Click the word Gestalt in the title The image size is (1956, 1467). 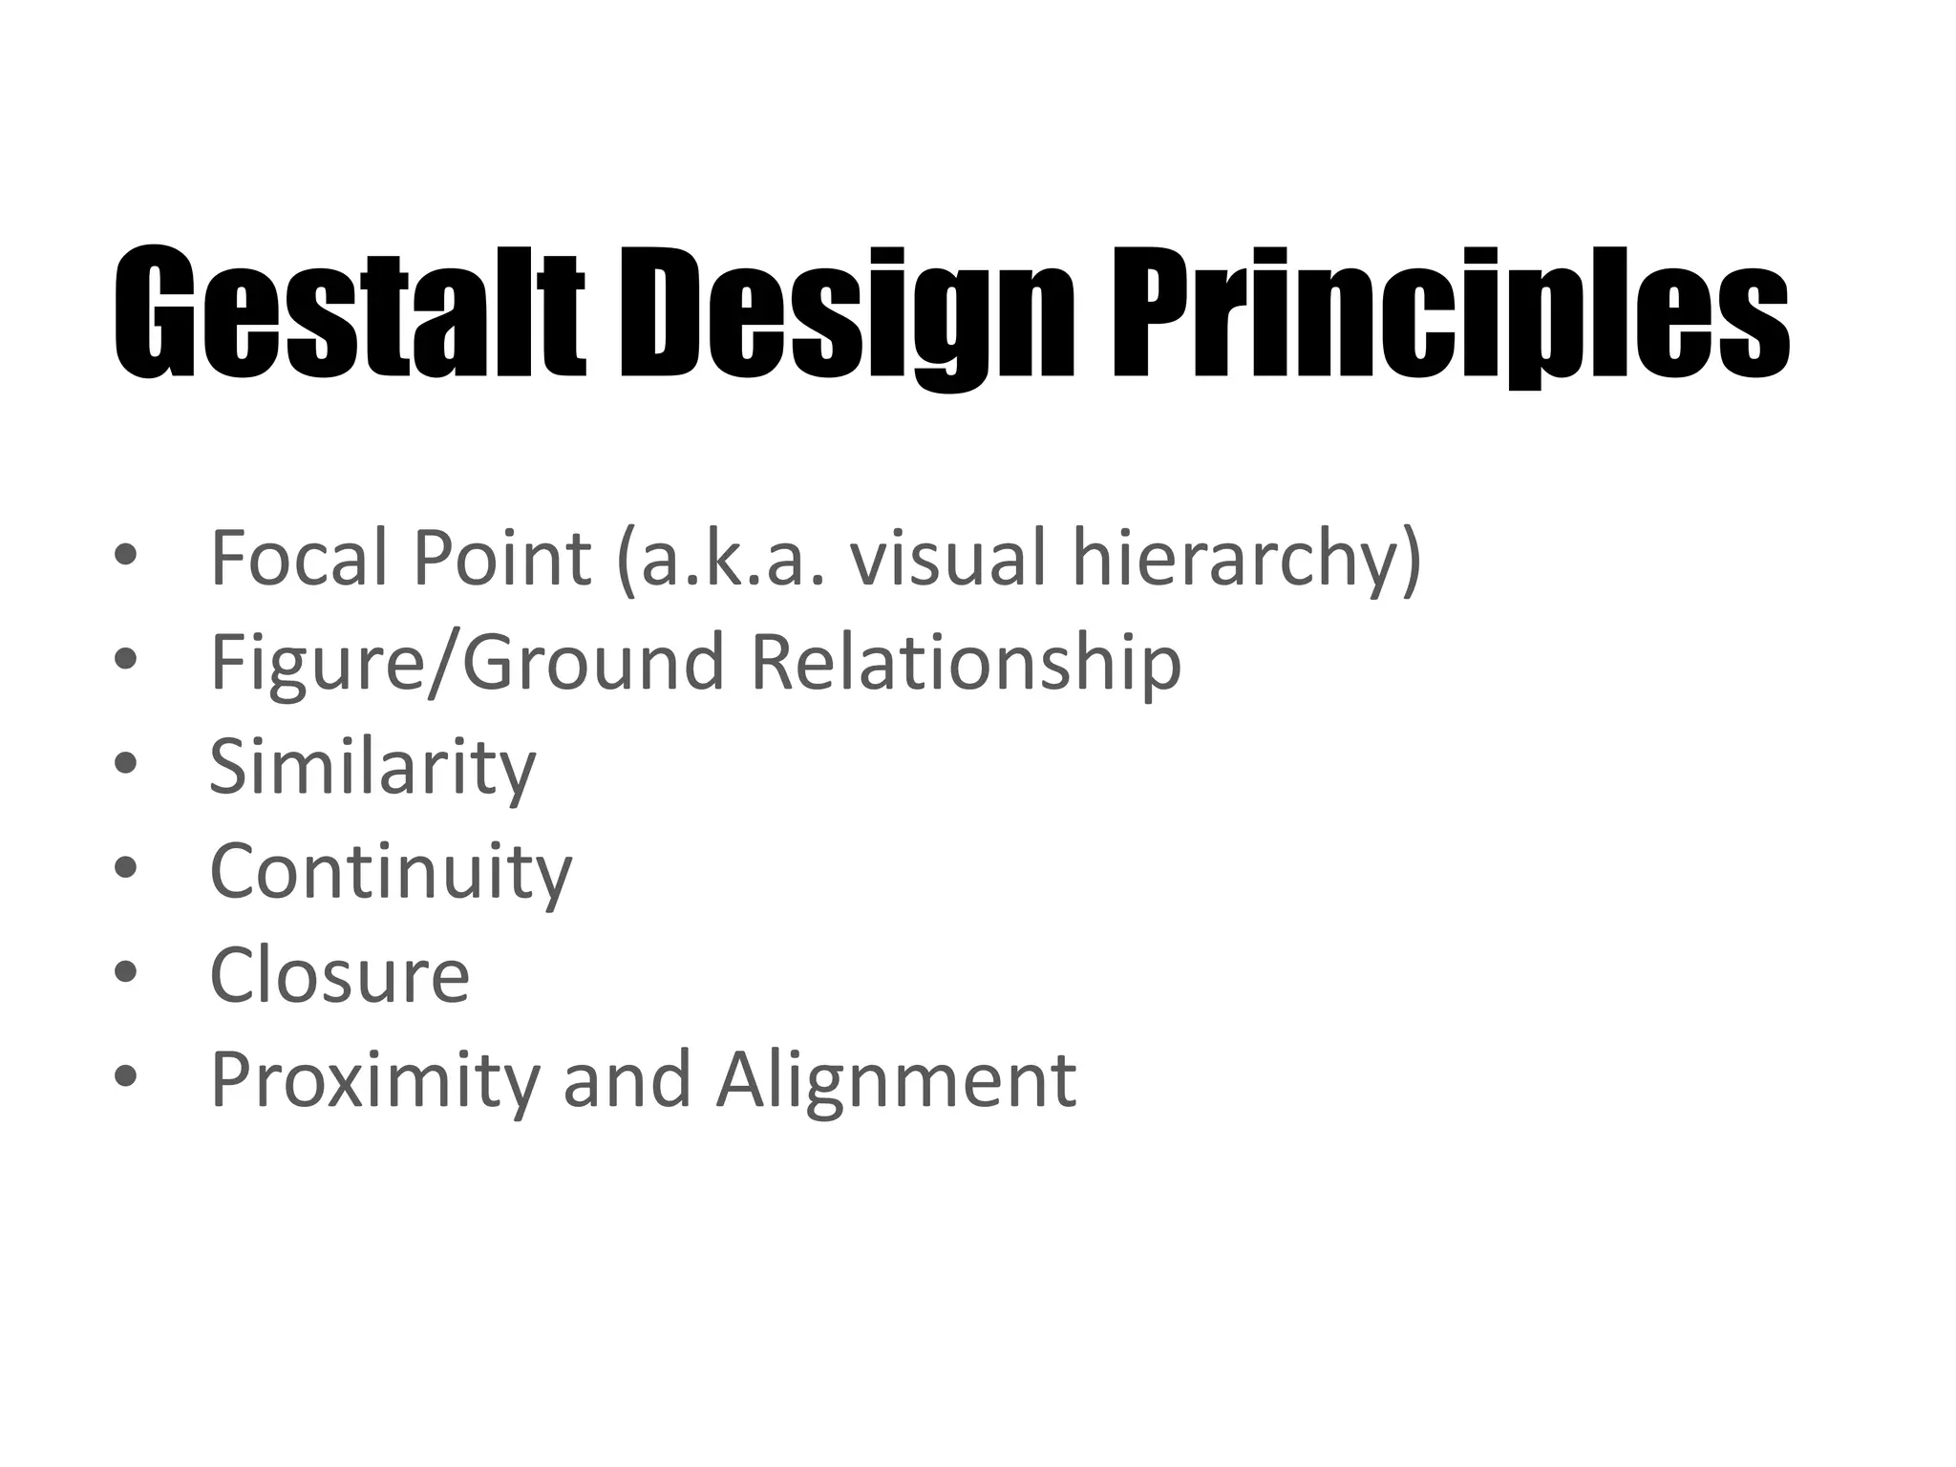click(349, 311)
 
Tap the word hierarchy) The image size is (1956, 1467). click(1247, 561)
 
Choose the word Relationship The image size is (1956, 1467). click(966, 664)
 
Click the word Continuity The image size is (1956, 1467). click(391, 872)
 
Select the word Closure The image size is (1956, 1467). click(340, 975)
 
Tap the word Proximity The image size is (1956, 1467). click(373, 1080)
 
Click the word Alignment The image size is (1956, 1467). click(897, 1080)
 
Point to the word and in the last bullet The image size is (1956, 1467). click(627, 1078)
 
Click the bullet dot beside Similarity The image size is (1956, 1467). click(125, 763)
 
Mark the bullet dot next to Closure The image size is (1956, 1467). click(125, 971)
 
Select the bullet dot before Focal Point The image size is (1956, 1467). click(125, 554)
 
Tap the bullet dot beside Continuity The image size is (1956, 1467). click(125, 867)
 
